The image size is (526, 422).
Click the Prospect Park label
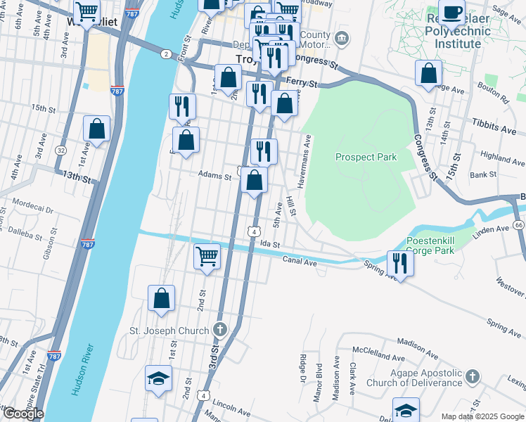coord(366,157)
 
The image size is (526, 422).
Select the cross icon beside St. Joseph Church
coord(220,330)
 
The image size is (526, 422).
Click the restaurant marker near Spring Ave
coord(400,263)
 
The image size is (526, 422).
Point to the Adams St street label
coord(214,175)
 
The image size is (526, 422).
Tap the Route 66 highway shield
coord(519,224)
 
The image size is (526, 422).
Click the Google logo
coord(23,414)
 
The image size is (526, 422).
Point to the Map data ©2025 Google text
coord(482,416)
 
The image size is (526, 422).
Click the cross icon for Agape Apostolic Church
coord(473,377)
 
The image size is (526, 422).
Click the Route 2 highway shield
coord(165,53)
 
